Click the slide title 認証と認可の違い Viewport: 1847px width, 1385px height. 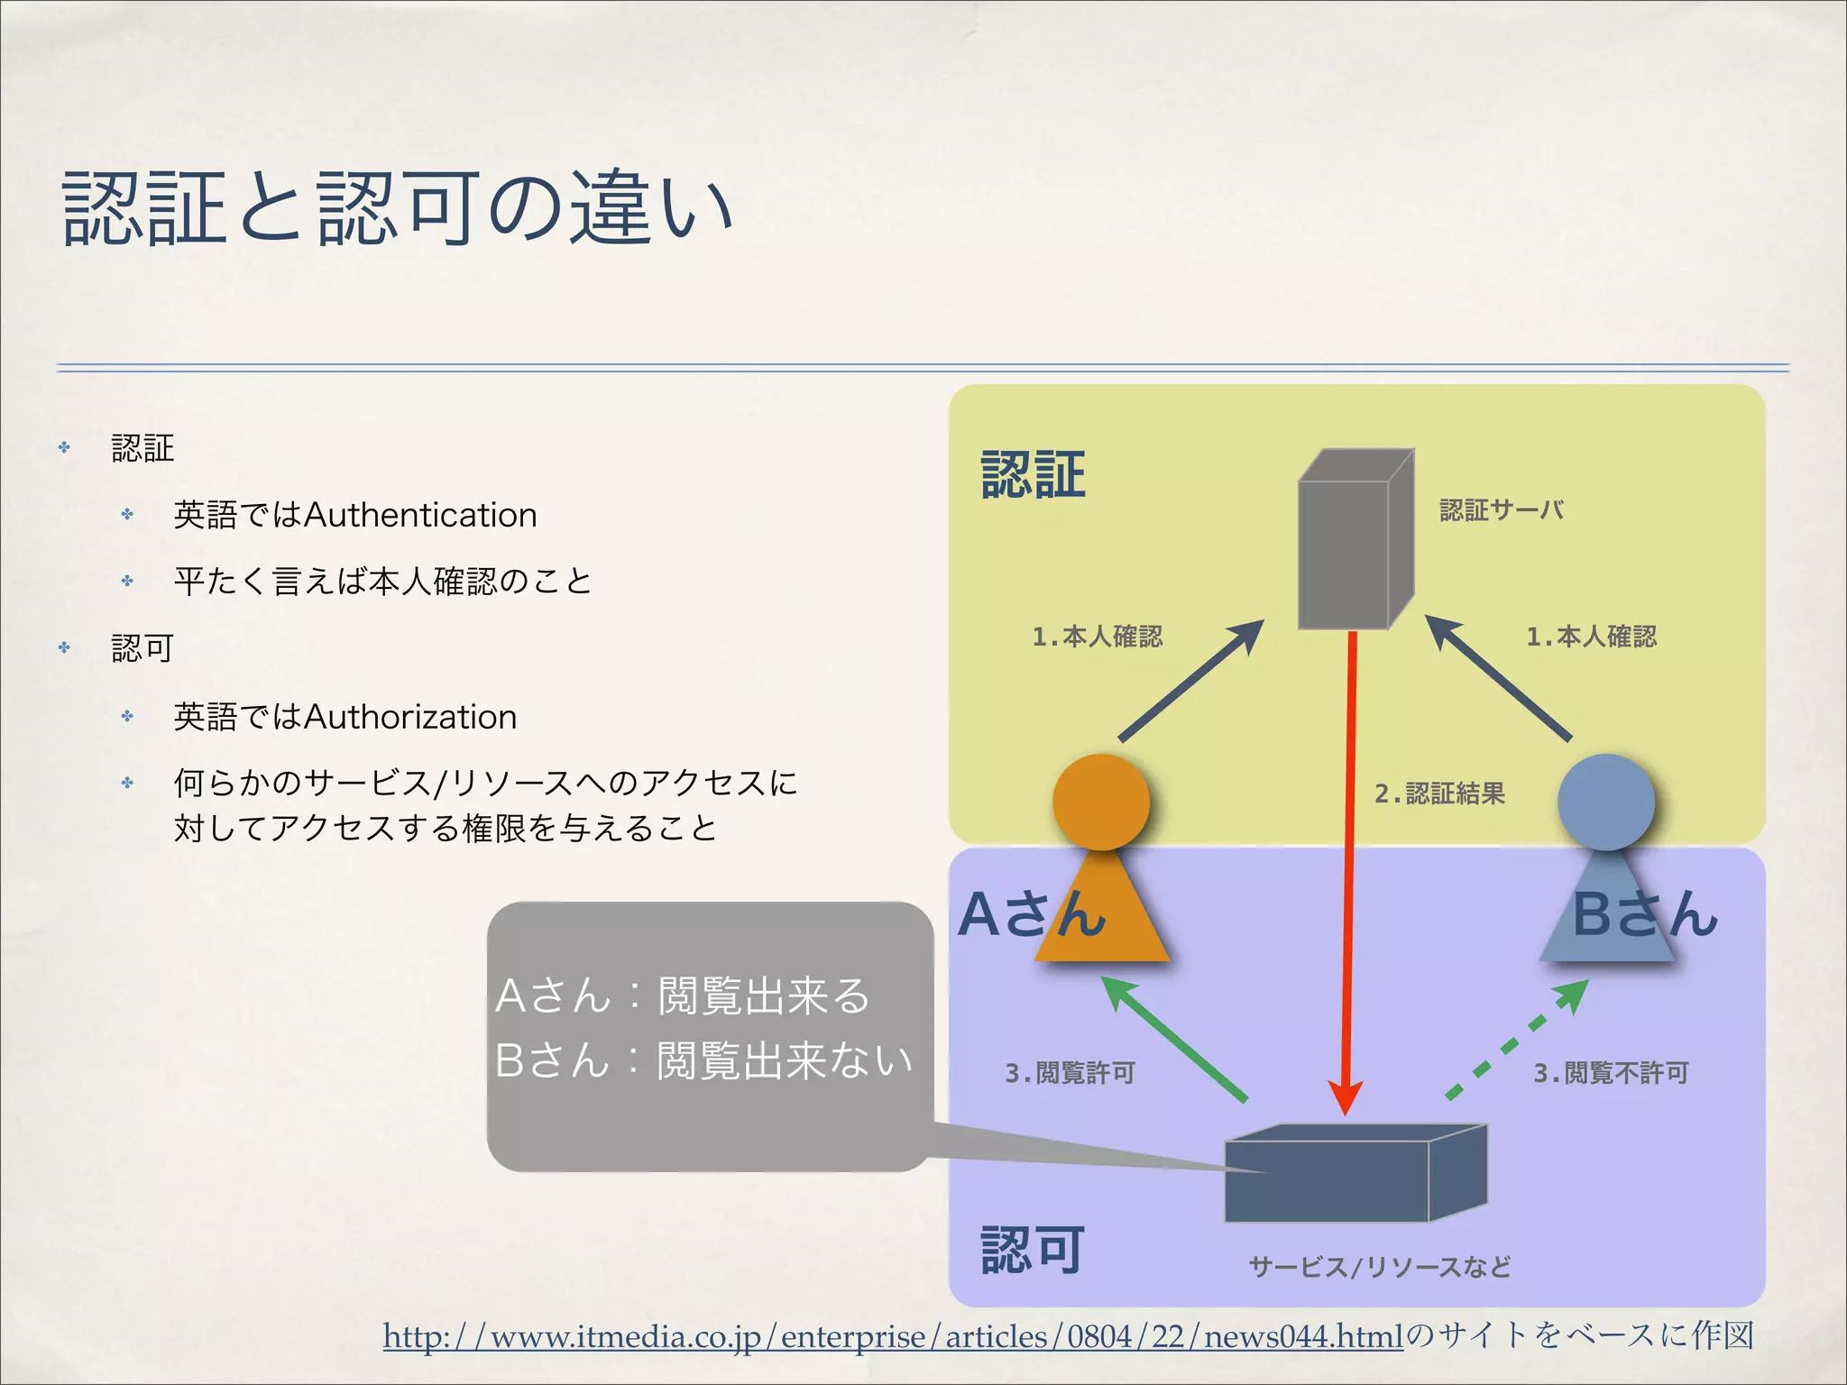397,209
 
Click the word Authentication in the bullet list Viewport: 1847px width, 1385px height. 420,515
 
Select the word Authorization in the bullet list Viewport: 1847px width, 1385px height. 410,717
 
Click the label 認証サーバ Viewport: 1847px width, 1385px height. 1501,510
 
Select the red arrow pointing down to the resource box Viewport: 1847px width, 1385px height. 1350,866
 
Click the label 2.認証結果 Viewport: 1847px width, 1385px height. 1440,793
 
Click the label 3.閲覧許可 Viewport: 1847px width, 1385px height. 1070,1073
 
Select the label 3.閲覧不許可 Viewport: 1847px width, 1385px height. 1611,1073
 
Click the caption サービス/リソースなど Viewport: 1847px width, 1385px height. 1380,1267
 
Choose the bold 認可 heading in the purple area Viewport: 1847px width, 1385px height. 1033,1251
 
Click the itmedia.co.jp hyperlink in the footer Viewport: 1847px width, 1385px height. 893,1336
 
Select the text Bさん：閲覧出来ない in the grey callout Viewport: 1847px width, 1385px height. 703,1060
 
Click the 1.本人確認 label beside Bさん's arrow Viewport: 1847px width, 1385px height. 1591,637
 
